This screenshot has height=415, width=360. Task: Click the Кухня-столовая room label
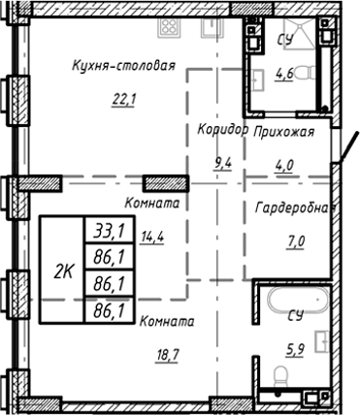pos(122,67)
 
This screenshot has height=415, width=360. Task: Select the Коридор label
pos(222,129)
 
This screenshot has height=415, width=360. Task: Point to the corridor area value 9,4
pos(222,162)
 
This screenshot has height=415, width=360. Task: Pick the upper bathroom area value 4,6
pos(284,72)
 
